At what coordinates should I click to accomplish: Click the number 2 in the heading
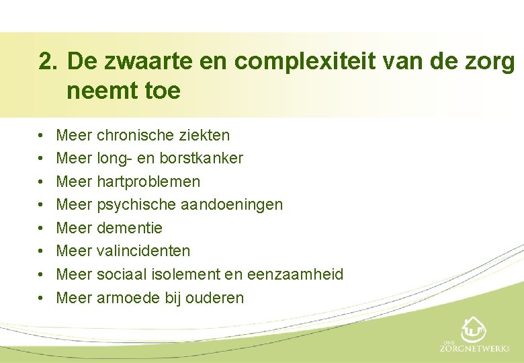click(45, 63)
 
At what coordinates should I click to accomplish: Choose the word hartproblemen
click(148, 182)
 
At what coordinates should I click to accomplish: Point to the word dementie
click(130, 228)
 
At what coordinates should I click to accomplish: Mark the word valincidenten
click(143, 251)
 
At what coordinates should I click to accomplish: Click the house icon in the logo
click(473, 329)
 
